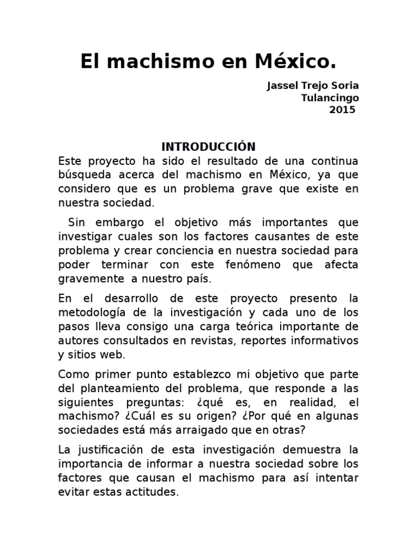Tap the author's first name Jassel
pyautogui.click(x=281, y=86)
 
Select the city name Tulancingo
pyautogui.click(x=330, y=98)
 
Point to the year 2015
pyautogui.click(x=342, y=109)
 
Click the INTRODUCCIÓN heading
pyautogui.click(x=208, y=147)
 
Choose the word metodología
pyautogui.click(x=94, y=312)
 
